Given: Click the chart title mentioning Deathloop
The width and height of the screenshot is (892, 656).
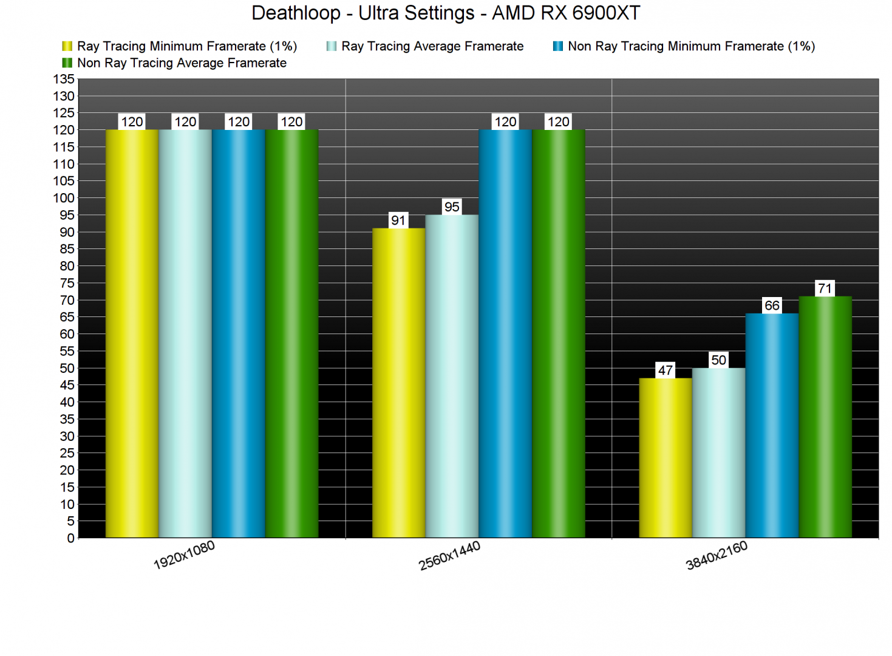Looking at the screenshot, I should point(446,13).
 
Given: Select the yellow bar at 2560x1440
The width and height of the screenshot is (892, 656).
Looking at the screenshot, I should point(398,383).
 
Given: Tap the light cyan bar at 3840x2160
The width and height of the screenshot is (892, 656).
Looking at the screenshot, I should point(718,453).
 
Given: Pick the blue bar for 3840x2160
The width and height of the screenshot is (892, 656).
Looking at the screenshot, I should point(772,425).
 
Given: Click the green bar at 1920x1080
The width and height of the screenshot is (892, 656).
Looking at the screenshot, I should point(291,334).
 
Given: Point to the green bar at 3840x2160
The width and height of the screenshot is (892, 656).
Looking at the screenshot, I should point(825,417).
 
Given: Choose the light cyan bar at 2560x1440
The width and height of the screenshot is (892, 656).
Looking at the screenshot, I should point(452,377).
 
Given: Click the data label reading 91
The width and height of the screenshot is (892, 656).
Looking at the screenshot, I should point(398,220).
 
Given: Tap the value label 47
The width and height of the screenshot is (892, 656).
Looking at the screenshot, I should point(665,371).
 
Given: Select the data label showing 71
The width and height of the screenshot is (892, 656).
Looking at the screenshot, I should point(825,289).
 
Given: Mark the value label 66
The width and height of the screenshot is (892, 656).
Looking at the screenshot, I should point(772,306).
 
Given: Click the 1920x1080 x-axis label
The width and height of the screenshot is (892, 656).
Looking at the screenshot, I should point(184,555).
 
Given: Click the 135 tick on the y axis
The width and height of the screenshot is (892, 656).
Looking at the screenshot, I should point(64,80).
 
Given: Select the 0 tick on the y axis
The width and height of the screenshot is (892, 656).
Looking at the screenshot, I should point(70,538).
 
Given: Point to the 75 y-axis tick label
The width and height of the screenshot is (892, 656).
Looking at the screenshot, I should point(66,283).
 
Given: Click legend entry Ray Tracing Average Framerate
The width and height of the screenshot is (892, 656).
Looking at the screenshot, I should point(432,46).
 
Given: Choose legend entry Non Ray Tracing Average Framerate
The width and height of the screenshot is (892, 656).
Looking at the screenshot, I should point(182,63).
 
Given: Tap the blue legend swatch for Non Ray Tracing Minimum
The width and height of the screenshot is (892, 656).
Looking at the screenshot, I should point(558,46).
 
